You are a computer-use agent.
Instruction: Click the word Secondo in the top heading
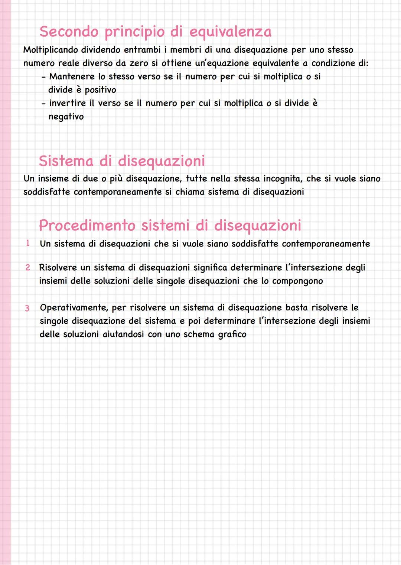[69, 32]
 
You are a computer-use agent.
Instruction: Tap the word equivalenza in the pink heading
[230, 32]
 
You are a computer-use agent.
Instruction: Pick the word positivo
[100, 90]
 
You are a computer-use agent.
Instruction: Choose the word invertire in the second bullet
[67, 103]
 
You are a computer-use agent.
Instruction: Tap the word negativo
[66, 117]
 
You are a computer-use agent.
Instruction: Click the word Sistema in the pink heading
[65, 161]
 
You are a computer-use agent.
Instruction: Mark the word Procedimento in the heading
[87, 225]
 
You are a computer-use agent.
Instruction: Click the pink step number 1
[27, 244]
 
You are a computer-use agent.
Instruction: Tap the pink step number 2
[27, 267]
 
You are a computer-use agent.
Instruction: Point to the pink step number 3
[27, 308]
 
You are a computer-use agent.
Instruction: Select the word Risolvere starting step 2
[58, 268]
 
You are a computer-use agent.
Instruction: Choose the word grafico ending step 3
[232, 334]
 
